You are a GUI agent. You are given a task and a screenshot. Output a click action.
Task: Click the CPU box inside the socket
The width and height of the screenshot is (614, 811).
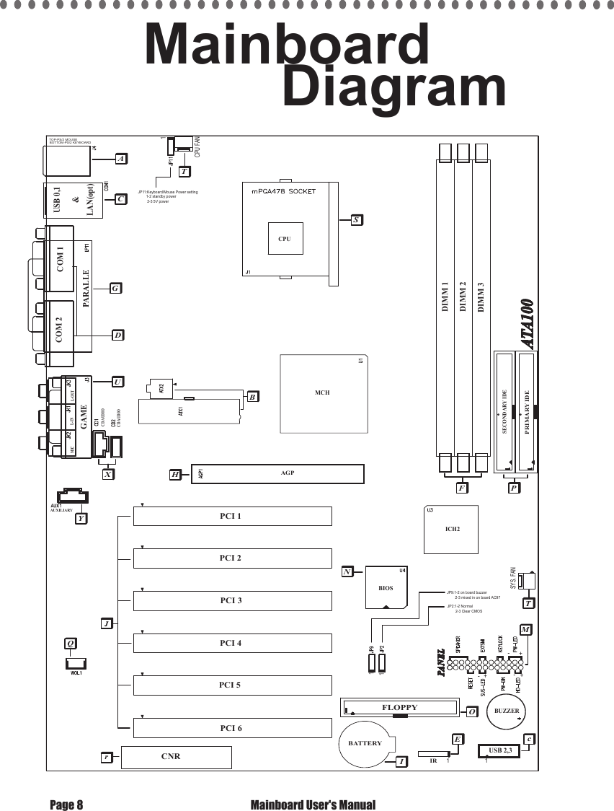pyautogui.click(x=285, y=238)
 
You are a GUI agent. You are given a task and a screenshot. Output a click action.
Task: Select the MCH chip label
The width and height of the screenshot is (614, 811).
pyautogui.click(x=322, y=393)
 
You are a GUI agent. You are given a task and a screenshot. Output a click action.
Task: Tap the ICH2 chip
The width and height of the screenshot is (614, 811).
pyautogui.click(x=452, y=529)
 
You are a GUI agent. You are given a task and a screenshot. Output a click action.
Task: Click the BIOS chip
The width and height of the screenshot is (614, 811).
pyautogui.click(x=387, y=587)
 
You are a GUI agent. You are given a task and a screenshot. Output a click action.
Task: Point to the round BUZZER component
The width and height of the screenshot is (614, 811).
pyautogui.click(x=507, y=711)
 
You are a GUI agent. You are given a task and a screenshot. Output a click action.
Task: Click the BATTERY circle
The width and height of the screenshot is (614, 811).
pyautogui.click(x=365, y=743)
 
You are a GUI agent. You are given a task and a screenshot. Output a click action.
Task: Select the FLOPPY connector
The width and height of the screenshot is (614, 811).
pyautogui.click(x=399, y=708)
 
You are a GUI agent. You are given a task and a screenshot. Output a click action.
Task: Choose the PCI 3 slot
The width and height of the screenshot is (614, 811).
pyautogui.click(x=231, y=600)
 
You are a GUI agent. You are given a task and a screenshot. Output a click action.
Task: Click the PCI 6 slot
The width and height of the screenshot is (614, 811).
pyautogui.click(x=231, y=728)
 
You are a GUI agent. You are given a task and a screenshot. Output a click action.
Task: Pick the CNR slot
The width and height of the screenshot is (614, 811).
pyautogui.click(x=175, y=757)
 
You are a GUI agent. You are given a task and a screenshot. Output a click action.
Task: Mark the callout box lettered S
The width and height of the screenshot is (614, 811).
pyautogui.click(x=356, y=219)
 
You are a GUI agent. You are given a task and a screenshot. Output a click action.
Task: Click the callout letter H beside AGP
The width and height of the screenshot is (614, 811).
pyautogui.click(x=176, y=474)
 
